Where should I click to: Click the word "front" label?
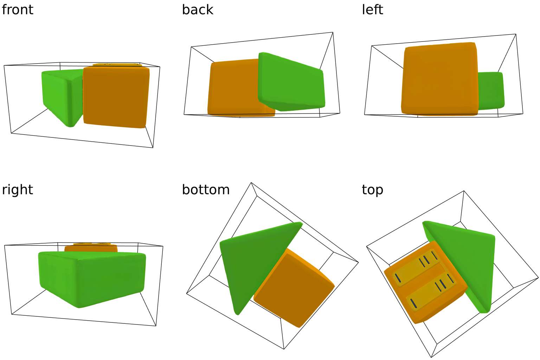click(17, 9)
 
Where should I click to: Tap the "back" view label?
click(197, 9)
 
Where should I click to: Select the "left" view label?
click(372, 9)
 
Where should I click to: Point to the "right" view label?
click(17, 189)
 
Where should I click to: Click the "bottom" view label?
click(206, 189)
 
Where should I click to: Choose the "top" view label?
click(372, 189)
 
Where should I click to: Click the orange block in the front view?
click(116, 97)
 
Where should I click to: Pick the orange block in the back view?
click(232, 88)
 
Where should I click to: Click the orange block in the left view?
click(439, 79)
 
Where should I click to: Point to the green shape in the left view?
click(490, 90)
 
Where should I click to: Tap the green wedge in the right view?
click(91, 278)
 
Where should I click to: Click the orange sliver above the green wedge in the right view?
click(91, 248)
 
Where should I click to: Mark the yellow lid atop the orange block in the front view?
click(116, 65)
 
